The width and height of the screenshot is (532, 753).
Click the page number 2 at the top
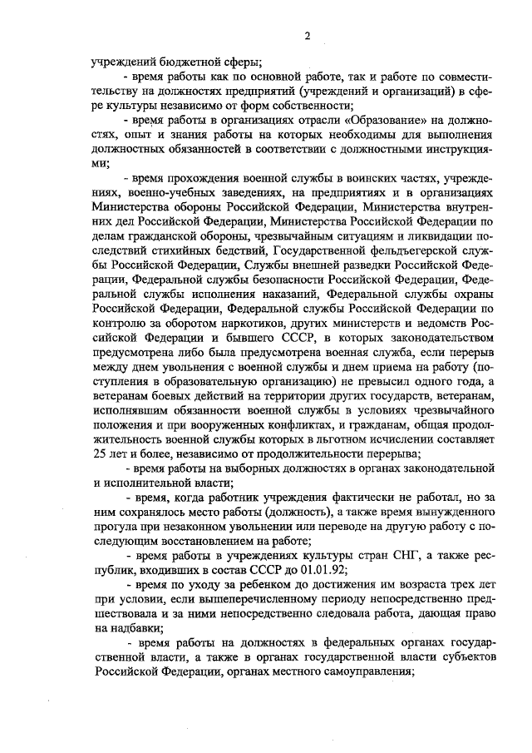[307, 35]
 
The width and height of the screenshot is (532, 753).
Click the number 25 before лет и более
[101, 453]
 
